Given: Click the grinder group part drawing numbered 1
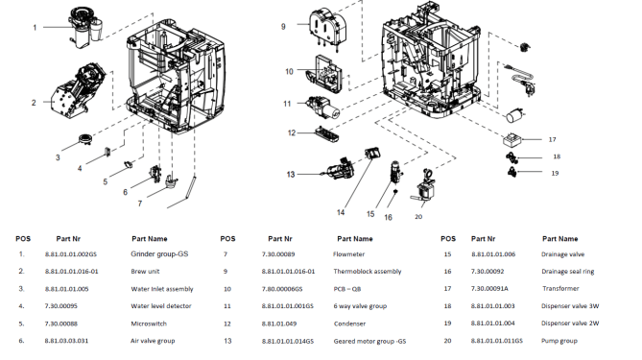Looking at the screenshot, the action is click(x=85, y=27).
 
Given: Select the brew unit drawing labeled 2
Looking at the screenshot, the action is click(x=77, y=92).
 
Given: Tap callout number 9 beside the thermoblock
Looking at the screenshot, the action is click(x=283, y=27).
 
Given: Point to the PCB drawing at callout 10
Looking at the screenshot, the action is click(x=328, y=74).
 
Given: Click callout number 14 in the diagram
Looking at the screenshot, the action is click(x=341, y=212).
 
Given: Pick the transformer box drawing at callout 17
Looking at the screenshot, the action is click(x=511, y=139).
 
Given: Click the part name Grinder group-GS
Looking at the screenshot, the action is click(x=159, y=254).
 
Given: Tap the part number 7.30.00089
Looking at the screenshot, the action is click(x=278, y=254).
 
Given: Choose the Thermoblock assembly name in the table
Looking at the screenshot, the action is click(x=368, y=272).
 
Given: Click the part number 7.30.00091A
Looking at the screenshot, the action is click(x=489, y=289).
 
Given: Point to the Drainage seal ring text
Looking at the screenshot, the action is click(x=567, y=272).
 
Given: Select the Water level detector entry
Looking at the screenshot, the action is click(x=161, y=306).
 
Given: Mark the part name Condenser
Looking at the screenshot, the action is click(x=349, y=324).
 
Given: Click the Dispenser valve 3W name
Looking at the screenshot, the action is click(x=570, y=306).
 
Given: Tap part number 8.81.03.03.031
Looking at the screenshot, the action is click(x=66, y=341).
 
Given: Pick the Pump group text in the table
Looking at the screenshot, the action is click(x=559, y=341).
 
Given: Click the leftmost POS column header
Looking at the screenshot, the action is click(x=23, y=239).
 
